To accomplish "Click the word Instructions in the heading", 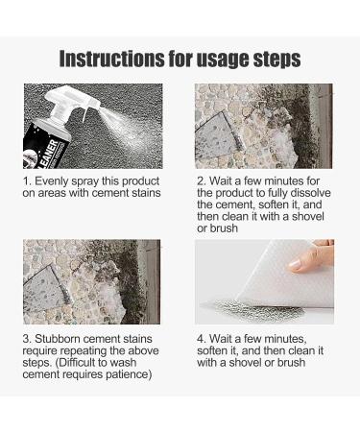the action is coord(110,59).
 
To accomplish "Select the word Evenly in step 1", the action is coord(52,181).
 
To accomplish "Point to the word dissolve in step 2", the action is coord(311,193).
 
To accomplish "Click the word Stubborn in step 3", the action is coord(57,339).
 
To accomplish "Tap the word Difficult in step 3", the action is coord(81,363).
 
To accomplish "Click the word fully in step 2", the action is coord(277,194).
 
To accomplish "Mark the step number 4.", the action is coord(201,339).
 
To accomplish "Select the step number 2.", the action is coord(201,181).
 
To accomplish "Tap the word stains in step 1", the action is coord(147,193).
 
